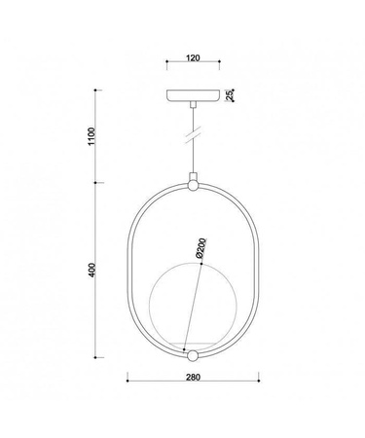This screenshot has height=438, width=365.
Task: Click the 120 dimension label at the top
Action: tap(192, 58)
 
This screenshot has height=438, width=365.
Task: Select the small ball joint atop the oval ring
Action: tap(192, 182)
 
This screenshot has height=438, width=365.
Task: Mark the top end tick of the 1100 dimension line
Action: tap(96, 91)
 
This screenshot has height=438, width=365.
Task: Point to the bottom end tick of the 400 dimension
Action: tap(96, 357)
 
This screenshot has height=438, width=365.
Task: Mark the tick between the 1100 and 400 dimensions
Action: tap(96, 182)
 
